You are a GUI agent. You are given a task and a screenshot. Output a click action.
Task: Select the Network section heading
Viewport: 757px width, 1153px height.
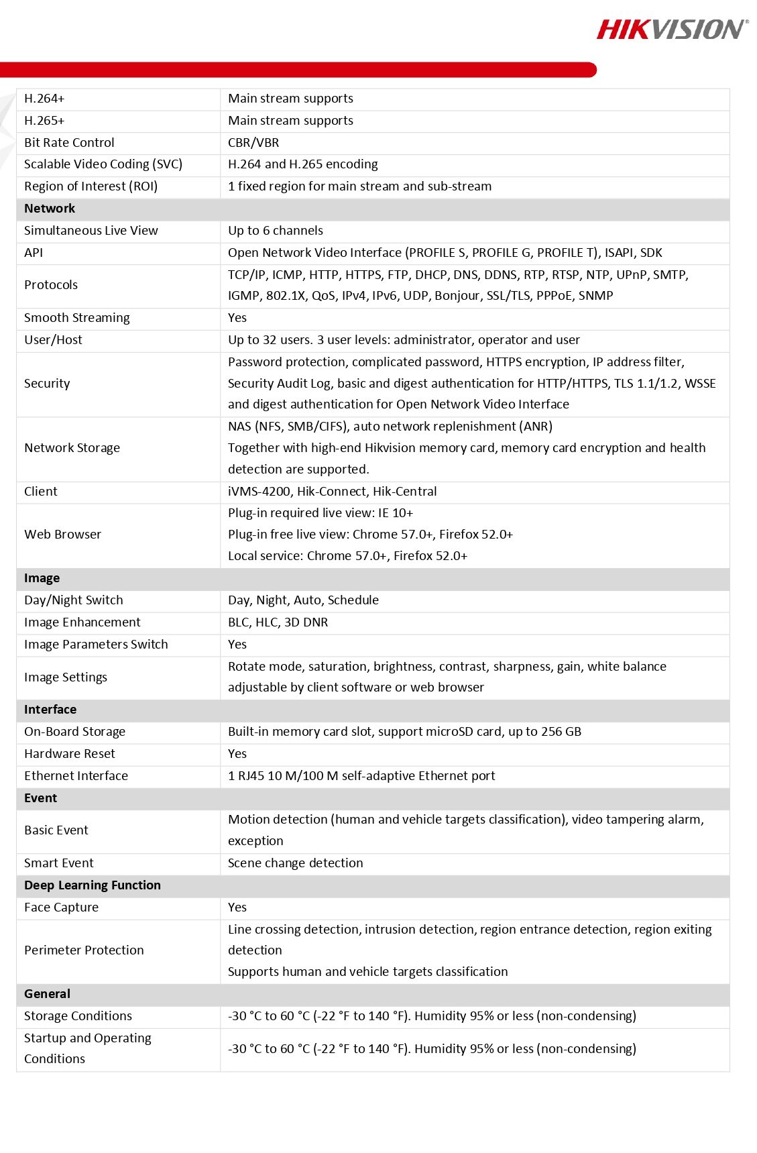[50, 209]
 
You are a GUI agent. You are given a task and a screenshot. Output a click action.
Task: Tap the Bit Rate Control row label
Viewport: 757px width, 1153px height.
[69, 143]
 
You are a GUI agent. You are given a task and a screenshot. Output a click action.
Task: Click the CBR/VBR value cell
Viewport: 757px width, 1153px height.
[253, 143]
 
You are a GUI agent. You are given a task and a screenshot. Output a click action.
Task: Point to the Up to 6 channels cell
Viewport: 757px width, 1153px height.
[276, 231]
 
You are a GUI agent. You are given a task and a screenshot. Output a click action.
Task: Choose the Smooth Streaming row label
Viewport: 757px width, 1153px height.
[77, 318]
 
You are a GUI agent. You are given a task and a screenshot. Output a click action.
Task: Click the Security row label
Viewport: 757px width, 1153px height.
[47, 384]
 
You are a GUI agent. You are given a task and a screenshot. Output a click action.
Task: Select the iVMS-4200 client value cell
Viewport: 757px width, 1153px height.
[332, 492]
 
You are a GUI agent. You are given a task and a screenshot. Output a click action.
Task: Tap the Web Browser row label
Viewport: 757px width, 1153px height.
[62, 535]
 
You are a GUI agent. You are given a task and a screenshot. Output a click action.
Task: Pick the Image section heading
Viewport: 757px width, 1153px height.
[42, 578]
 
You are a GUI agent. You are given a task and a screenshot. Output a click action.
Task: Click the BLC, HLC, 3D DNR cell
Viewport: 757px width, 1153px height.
[278, 622]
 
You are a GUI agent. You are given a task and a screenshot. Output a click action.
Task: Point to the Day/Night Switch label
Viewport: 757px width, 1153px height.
[74, 600]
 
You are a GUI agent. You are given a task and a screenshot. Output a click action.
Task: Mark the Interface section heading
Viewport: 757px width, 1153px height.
[50, 710]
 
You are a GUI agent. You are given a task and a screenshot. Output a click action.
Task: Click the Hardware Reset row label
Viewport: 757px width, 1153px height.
[70, 754]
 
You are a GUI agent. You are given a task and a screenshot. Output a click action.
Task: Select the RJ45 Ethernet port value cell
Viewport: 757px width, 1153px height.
[361, 776]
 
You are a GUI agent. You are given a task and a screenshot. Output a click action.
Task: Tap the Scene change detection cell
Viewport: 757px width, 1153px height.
[295, 863]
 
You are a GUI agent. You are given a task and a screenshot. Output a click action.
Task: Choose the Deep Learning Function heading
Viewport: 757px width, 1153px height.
[93, 885]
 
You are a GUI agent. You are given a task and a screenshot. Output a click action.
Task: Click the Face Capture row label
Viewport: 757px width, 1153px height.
[61, 908]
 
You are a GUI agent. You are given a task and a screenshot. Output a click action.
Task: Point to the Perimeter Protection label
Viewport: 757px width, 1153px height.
[84, 950]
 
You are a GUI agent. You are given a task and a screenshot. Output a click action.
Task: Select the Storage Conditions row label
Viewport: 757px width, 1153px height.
[78, 1016]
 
